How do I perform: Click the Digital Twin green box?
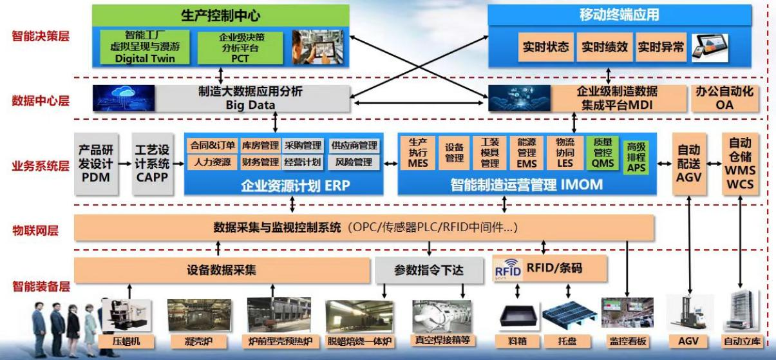point(145,47)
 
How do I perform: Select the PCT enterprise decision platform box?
point(240,48)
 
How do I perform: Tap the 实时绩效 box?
point(605,47)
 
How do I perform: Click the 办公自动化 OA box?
point(724,99)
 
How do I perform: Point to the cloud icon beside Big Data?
point(124,98)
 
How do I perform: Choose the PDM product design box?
point(96,164)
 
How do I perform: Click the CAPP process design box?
point(152,164)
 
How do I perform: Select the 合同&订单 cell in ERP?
point(213,145)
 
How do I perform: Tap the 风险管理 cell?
point(354,162)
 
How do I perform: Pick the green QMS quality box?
point(602,153)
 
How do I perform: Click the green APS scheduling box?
point(636,157)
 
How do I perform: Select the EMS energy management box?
point(527,153)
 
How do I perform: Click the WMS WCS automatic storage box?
point(741,164)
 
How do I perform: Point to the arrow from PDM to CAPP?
point(125,164)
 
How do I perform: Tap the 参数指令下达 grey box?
point(429,270)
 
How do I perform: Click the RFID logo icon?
point(508,270)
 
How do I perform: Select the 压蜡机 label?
point(126,341)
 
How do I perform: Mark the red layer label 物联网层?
point(35,231)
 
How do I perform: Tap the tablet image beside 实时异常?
point(710,48)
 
